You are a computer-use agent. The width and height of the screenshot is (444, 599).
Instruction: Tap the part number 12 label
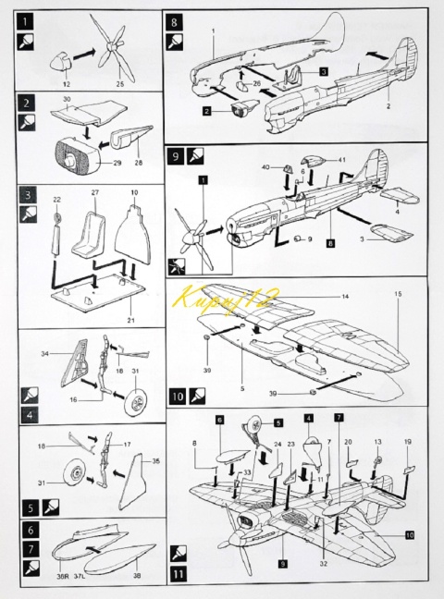tap(66, 85)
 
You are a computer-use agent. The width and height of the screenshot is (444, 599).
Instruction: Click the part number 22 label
tap(55, 198)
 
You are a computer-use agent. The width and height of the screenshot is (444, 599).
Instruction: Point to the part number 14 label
tap(345, 297)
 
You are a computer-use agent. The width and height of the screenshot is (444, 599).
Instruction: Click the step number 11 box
tap(176, 576)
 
